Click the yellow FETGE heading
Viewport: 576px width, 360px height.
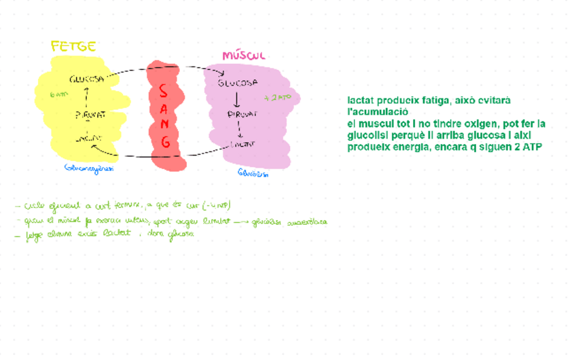[73, 47]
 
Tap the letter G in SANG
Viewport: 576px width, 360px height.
[165, 143]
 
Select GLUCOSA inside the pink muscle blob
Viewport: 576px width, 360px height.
[238, 84]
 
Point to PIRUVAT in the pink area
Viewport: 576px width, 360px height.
[242, 115]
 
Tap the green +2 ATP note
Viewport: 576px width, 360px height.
[280, 98]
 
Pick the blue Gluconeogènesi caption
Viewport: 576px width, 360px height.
[88, 168]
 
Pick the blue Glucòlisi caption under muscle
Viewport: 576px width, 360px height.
[253, 173]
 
